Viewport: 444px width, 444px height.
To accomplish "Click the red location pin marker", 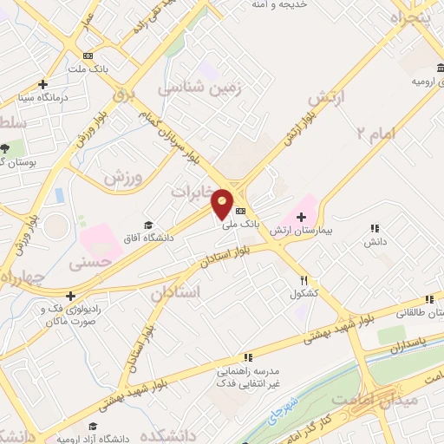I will [x=223, y=203].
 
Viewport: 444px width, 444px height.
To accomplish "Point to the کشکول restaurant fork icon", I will [x=304, y=280].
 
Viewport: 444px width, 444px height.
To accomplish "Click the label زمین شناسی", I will [x=197, y=88].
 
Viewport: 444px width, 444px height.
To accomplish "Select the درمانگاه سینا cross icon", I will [x=42, y=84].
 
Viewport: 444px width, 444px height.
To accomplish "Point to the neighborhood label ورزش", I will [x=122, y=176].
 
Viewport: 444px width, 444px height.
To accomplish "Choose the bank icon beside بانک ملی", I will [x=240, y=212].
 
